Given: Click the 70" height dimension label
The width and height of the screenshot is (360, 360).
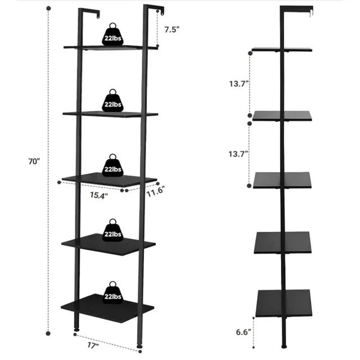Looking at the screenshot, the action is tap(34, 161).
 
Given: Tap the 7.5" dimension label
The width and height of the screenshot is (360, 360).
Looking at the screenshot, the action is tap(172, 29).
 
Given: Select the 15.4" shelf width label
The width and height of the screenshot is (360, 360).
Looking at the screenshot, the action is tap(99, 195).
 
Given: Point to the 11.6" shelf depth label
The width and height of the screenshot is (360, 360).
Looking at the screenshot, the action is tap(156, 192).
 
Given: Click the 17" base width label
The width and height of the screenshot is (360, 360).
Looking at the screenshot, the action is tap(93, 345).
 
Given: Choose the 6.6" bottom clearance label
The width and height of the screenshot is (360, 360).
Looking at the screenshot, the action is tap(244, 332).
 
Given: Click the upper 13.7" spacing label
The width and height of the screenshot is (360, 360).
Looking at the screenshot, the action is tap(239, 84).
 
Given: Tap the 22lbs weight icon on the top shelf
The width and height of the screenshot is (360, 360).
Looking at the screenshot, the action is tap(112, 34).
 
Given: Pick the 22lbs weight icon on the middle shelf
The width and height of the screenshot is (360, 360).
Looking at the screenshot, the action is tap(112, 165).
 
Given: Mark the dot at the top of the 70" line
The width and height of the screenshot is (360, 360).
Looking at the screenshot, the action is tap(48, 8).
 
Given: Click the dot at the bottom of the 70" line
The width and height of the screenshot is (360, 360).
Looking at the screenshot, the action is tap(48, 334).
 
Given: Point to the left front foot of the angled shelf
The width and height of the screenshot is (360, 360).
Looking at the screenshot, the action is tap(76, 330).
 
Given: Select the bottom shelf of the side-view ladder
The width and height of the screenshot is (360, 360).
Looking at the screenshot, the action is tap(283, 303).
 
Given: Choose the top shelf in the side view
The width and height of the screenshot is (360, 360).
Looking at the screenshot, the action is tap(282, 49).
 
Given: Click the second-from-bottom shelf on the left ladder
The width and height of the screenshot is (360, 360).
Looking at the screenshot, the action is tap(109, 245).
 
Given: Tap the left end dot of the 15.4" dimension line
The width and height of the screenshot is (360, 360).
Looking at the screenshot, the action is tap(59, 182).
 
